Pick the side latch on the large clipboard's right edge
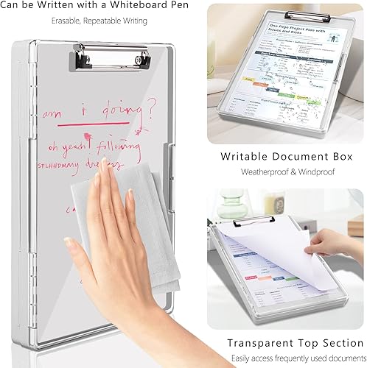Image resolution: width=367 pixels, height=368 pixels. click(x=172, y=158)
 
